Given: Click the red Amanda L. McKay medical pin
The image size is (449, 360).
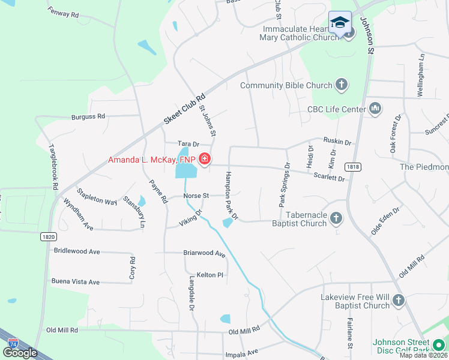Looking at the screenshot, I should tap(205, 160).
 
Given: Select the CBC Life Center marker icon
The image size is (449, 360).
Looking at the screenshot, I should tap(375, 108).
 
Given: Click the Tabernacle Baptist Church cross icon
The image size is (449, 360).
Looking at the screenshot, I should tap(336, 217).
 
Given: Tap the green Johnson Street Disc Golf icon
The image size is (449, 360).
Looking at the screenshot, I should tap(438, 346).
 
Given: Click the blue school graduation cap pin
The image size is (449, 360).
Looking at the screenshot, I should tap(340, 22).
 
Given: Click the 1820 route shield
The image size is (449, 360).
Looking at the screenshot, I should tap(49, 237).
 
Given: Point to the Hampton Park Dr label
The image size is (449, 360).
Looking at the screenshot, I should tap(231, 196).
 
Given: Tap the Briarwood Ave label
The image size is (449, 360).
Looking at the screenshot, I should tap(204, 254).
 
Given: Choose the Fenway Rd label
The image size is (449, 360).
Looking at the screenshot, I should tap(63, 13).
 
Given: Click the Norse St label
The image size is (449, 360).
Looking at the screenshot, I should tap(196, 196).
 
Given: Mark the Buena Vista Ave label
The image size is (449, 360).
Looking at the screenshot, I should tap(75, 281).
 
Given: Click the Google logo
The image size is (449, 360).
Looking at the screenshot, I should tap(20, 353).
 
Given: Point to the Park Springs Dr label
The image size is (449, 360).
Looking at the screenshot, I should tap(284, 185).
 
